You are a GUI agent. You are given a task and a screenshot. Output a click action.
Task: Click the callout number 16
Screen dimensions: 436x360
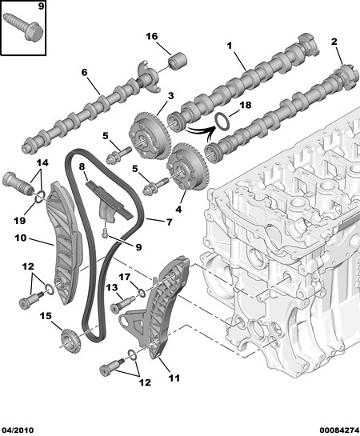tap(152, 36)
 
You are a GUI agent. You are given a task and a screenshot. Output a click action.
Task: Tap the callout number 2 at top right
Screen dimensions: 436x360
tap(335, 41)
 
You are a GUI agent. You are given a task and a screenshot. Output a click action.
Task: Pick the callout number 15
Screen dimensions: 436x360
tap(46, 317)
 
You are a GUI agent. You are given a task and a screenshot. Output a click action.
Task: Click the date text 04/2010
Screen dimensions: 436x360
tap(18, 430)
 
